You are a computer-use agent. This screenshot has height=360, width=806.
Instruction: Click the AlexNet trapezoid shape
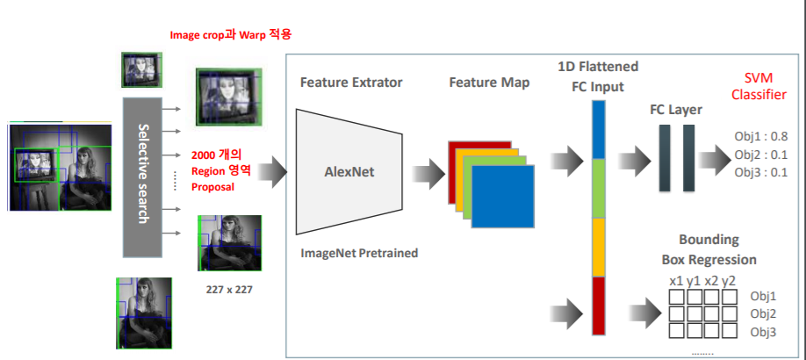(349, 171)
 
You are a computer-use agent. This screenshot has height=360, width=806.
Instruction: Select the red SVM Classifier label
(760, 85)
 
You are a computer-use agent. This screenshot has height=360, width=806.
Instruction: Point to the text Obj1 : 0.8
(761, 137)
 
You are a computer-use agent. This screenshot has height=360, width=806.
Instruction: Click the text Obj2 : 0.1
(761, 155)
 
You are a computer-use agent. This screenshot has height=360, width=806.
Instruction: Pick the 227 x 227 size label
(227, 289)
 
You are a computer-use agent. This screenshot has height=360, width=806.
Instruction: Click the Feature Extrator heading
(351, 83)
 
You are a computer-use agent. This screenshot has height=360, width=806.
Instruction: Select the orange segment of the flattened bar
(599, 247)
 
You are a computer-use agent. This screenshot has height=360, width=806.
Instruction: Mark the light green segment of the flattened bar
(599, 188)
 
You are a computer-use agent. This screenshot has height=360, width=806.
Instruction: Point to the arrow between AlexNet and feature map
(428, 171)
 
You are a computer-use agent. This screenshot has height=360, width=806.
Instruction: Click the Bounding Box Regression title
(709, 249)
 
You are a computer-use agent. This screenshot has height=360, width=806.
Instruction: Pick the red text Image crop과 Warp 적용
(231, 35)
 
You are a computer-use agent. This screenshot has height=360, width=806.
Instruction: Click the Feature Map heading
(489, 83)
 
